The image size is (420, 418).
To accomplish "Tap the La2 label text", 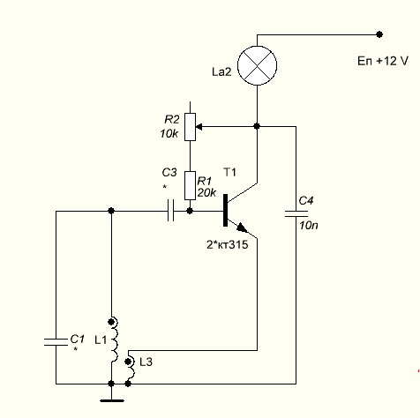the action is pos(221,72).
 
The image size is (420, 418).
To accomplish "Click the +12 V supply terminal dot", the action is pos(379,34).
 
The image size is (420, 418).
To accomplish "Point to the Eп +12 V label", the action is pos(383,61).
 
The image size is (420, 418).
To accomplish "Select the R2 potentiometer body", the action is pos(190,127).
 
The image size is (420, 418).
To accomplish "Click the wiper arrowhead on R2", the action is pos(199,127).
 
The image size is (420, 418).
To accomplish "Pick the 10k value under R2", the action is pos(169,134).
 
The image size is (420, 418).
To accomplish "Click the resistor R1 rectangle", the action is pos(190,186).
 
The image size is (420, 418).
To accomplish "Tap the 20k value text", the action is pos(206,193).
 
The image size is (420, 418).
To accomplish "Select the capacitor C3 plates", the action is pos(170,211).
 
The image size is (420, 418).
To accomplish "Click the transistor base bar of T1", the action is pos(225,210).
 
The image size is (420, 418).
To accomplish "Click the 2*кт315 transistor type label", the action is pos(228,244).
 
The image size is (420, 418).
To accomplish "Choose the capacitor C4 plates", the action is pos(296,213).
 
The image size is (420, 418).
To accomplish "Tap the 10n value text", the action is pos(309,226).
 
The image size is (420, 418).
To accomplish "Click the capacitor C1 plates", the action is pos(56,342).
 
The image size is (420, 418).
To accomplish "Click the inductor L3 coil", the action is pos(131,368).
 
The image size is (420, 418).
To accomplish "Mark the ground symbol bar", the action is pos(112,400).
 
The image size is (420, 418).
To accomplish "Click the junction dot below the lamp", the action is pos(257,126).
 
